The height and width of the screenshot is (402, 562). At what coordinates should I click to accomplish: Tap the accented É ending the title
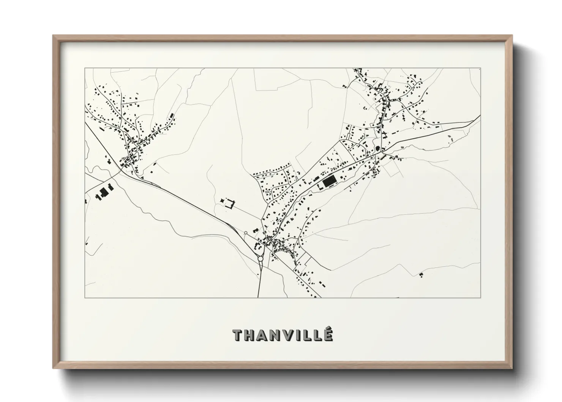(x=329, y=334)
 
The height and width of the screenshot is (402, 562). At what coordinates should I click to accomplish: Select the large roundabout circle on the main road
(x=260, y=259)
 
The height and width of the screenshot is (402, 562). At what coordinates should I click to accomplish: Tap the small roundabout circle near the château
(x=246, y=233)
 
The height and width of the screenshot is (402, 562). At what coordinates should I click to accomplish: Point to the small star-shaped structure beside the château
(x=222, y=200)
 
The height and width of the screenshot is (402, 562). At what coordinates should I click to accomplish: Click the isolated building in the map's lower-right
(x=421, y=274)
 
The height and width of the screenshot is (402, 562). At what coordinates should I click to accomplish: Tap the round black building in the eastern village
(x=377, y=148)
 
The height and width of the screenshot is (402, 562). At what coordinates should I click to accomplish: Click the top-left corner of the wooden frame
(x=53, y=35)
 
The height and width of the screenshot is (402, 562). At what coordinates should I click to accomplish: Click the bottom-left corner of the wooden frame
(x=53, y=368)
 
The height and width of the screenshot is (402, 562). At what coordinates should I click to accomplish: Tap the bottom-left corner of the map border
(x=85, y=298)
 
